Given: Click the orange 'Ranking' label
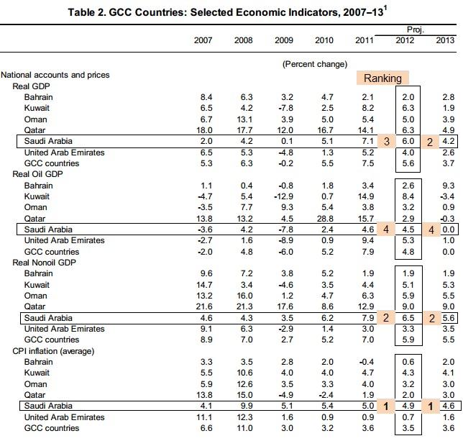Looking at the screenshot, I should click(x=382, y=78).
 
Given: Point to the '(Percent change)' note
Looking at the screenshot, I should click(x=314, y=63).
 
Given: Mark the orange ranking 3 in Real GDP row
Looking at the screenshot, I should click(x=386, y=141).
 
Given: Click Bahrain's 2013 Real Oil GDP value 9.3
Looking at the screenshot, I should click(x=446, y=186).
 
